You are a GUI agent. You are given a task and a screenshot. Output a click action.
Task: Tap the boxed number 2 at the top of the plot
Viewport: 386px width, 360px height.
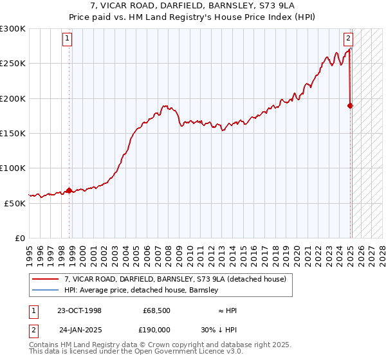click(348, 37)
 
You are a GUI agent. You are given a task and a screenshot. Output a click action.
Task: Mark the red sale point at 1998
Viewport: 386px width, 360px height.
click(69, 190)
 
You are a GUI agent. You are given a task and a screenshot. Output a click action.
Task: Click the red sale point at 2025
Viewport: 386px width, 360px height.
click(351, 105)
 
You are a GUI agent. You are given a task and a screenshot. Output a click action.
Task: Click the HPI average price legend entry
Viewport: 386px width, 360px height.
click(141, 290)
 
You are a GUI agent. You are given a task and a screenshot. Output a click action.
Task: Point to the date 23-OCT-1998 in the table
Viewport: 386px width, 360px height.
click(79, 310)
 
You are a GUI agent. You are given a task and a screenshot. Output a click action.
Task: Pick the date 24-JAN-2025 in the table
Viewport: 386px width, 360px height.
click(80, 330)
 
